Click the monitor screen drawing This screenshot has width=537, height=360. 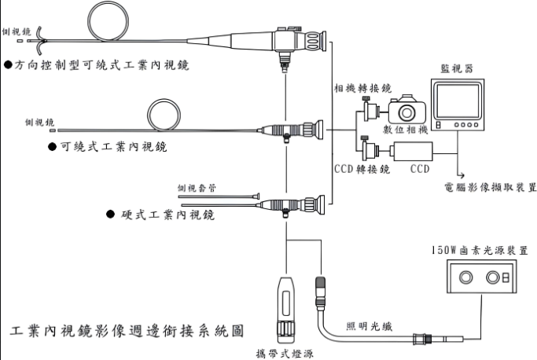click(458, 106)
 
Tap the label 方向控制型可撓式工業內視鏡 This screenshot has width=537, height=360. click(97, 63)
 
